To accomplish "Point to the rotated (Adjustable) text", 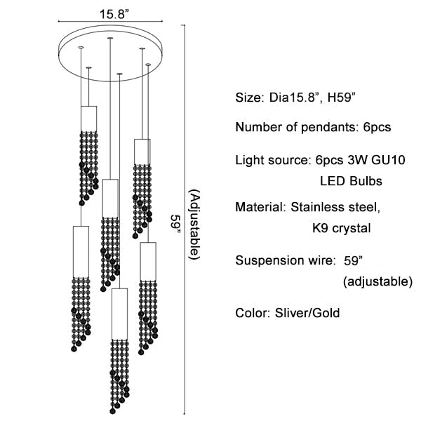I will click(x=194, y=225).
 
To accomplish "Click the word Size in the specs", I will click(x=248, y=98).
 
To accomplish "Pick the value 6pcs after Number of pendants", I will click(x=373, y=128).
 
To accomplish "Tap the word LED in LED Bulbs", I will click(x=333, y=181).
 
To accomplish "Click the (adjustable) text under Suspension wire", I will click(x=377, y=282).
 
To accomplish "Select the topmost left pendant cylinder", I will click(x=88, y=117).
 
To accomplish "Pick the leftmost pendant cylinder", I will click(x=79, y=250).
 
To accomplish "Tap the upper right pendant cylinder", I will click(x=142, y=151).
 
